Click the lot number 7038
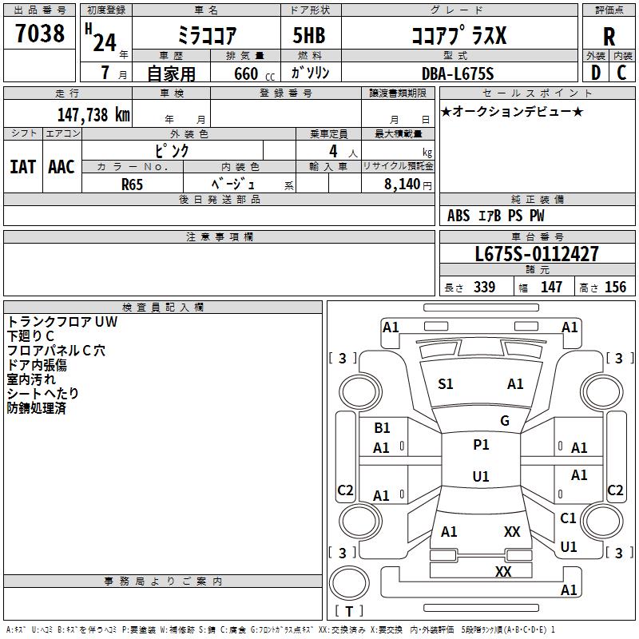click(40, 33)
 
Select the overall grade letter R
click(609, 37)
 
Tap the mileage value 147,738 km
click(93, 115)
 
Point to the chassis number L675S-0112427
click(537, 254)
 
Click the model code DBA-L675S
click(458, 73)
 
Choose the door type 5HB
click(309, 35)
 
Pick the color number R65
click(132, 185)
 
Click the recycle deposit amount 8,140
click(403, 185)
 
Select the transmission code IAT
click(23, 167)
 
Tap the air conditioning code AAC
click(62, 167)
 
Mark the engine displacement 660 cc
click(254, 74)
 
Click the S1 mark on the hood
click(446, 384)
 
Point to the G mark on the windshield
click(505, 421)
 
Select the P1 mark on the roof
click(481, 445)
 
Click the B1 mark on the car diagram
click(382, 428)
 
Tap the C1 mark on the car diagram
click(568, 518)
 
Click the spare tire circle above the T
click(349, 583)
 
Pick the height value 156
click(615, 288)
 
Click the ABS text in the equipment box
click(458, 216)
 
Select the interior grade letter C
click(621, 73)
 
